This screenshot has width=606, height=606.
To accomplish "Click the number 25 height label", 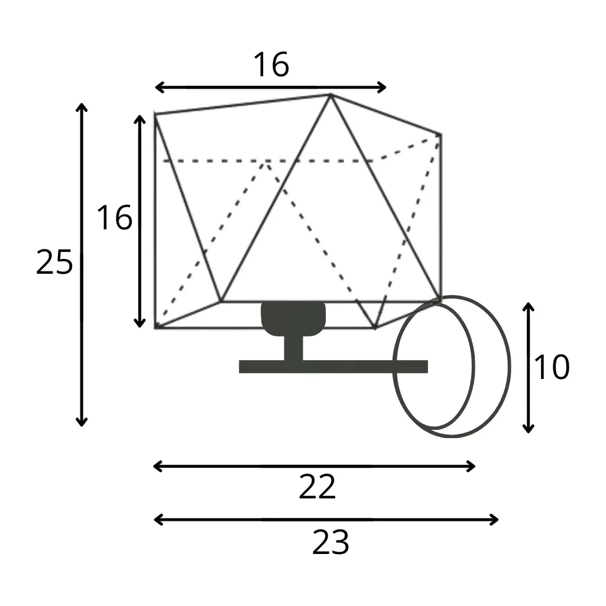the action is pyautogui.click(x=54, y=263).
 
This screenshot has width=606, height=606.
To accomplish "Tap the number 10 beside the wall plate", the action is pyautogui.click(x=552, y=367).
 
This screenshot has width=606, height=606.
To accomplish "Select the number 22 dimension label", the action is pyautogui.click(x=317, y=487).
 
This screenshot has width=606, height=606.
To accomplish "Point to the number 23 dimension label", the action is pyautogui.click(x=330, y=542).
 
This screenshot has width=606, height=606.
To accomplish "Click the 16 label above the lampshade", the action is pyautogui.click(x=271, y=64).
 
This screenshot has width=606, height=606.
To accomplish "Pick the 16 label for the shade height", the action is pyautogui.click(x=114, y=218).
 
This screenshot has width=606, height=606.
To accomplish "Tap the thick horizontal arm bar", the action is pyautogui.click(x=333, y=367).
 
